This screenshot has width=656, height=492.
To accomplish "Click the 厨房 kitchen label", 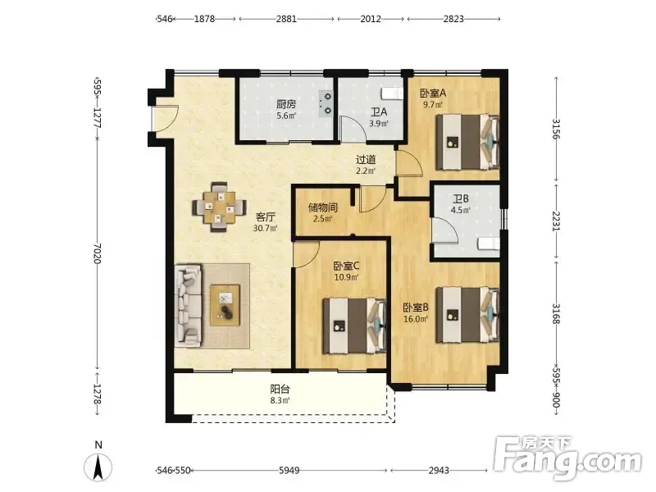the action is [286, 104].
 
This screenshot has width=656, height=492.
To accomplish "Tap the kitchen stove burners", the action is [326, 103].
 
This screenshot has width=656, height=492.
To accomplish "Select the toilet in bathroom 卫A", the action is [392, 93].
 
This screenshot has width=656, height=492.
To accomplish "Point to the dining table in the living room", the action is [219, 207].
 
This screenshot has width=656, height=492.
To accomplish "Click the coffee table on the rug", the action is [225, 305].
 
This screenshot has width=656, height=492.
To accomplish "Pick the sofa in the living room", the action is [189, 306].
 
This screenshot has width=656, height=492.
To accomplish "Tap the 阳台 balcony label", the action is [280, 389].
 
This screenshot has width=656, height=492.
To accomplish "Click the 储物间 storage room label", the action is [322, 207].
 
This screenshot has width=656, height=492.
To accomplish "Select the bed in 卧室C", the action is [354, 326].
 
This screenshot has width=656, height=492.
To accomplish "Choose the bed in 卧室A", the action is [467, 142].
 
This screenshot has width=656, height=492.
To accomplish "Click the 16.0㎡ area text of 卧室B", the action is [416, 319].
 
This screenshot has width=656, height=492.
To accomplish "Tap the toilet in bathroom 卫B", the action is [489, 244].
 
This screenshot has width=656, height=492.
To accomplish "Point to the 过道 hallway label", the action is [366, 159].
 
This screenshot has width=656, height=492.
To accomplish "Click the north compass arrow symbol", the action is [98, 467].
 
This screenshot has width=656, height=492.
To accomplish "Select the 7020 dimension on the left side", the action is [97, 253].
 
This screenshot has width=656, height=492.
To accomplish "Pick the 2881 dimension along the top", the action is [286, 19].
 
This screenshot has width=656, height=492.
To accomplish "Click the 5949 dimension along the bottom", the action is [289, 471].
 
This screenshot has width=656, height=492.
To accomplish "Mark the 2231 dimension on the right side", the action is [556, 221].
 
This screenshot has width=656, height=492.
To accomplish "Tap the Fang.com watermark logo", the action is [567, 458].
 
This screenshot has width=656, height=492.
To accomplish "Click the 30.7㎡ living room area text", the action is [265, 229].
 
